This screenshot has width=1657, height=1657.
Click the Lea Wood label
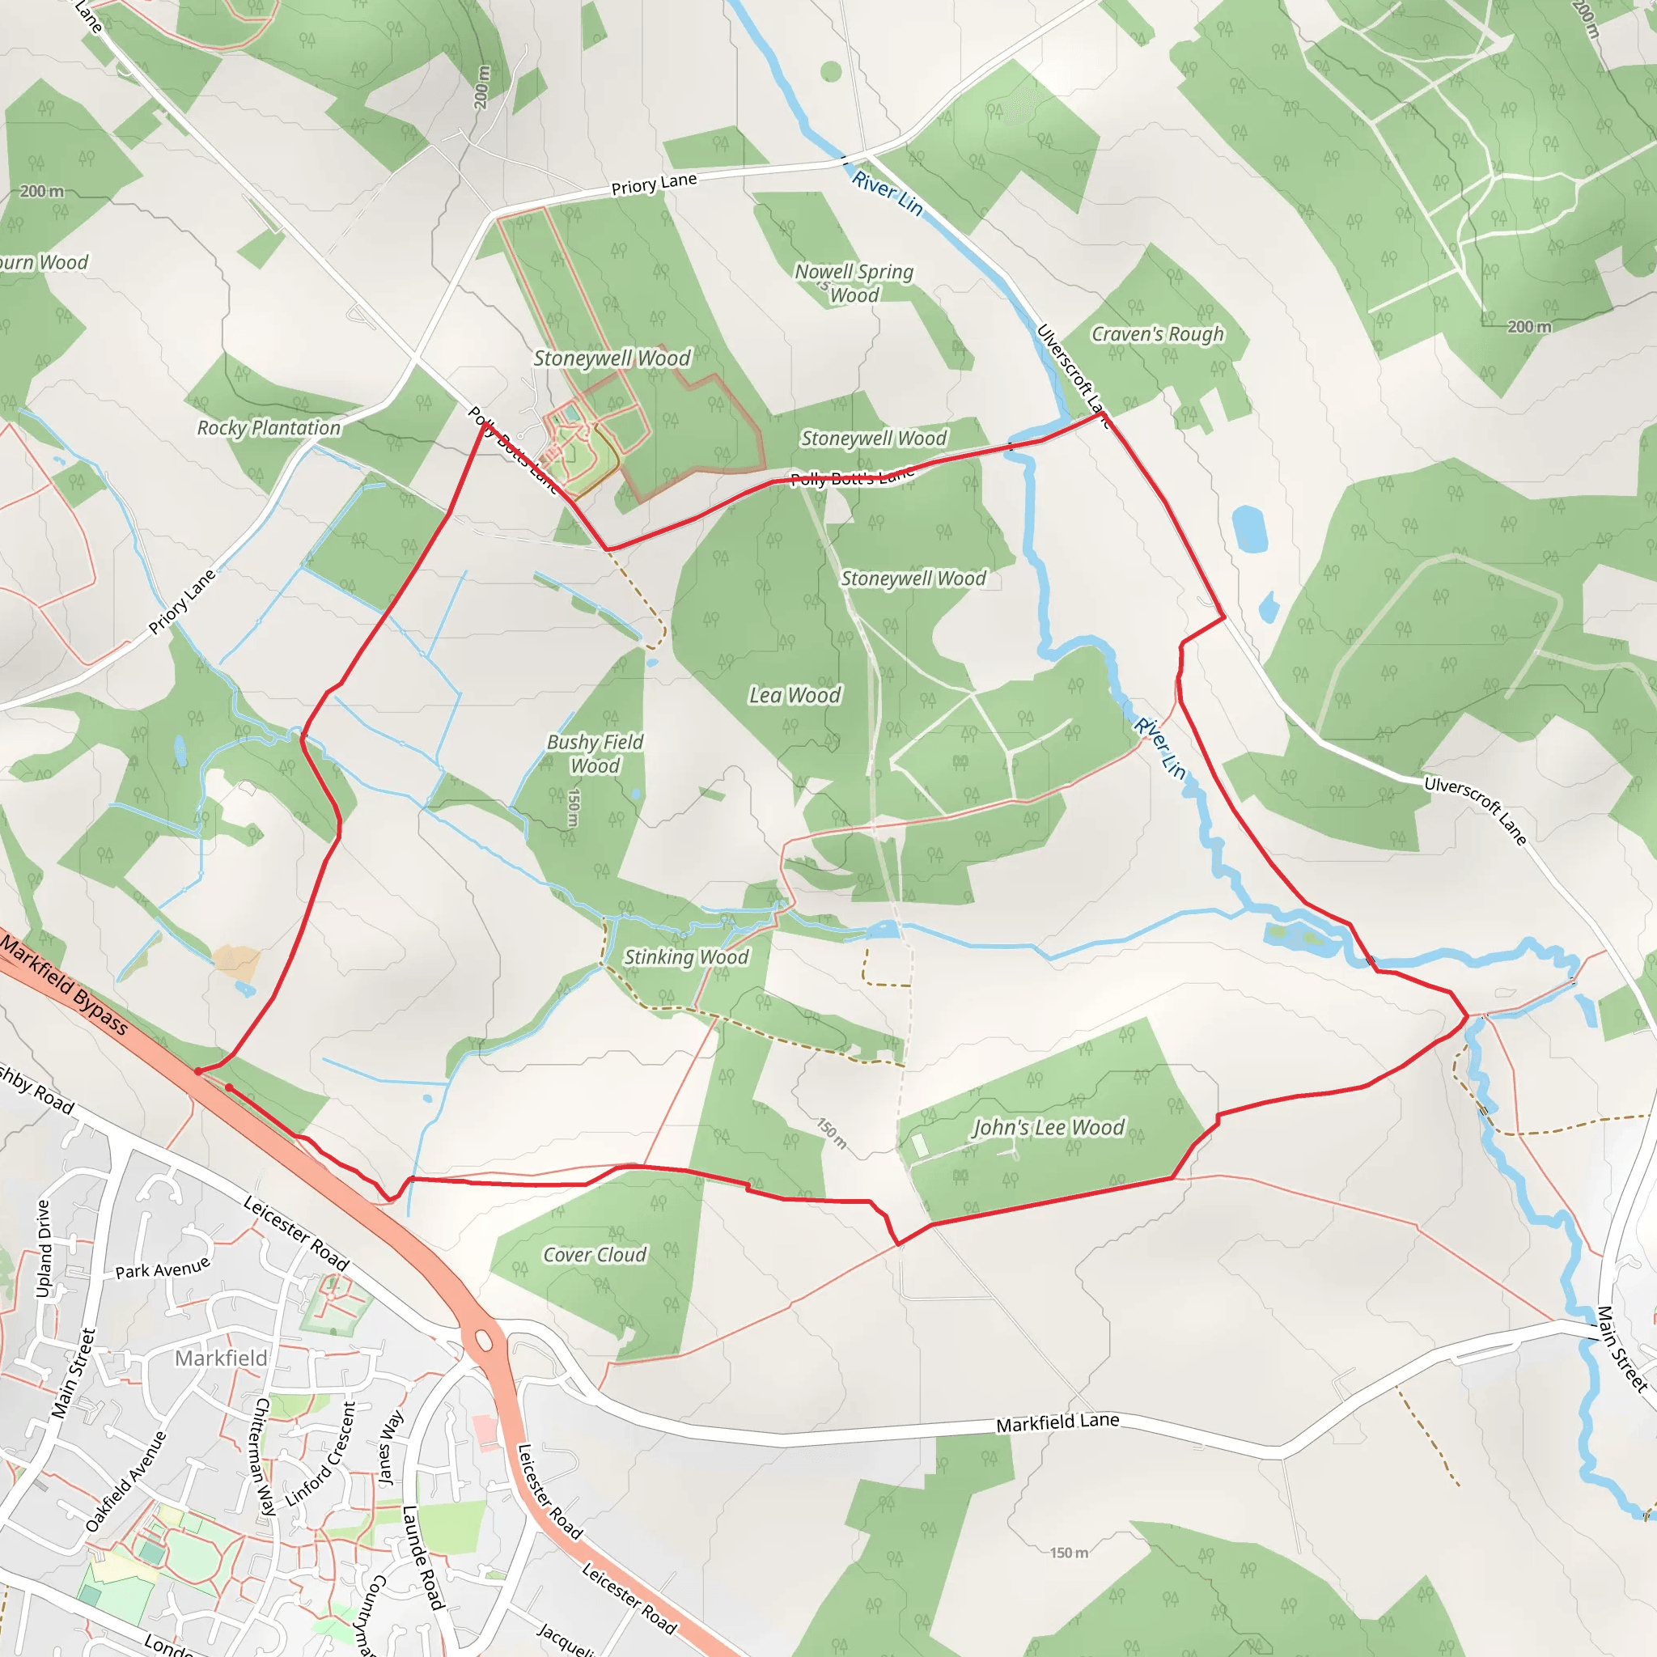coord(795,695)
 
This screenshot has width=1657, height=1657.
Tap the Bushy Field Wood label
coord(595,754)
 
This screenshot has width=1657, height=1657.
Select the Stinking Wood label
coord(685,957)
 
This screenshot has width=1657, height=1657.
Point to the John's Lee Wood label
coord(1047,1128)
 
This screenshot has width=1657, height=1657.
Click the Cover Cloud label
coord(595,1255)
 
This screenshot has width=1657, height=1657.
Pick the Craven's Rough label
coord(1157,333)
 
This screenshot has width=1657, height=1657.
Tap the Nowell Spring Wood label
coord(854,283)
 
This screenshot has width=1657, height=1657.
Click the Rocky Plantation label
coord(269,427)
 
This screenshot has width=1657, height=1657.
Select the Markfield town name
coord(221,1358)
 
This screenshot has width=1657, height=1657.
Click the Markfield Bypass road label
coord(66,985)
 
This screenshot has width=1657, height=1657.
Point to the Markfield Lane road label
coord(1057,1423)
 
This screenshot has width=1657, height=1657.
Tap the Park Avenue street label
coord(163,1269)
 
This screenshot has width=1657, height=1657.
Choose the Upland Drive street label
coord(44,1248)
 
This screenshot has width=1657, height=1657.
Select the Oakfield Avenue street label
coord(126,1481)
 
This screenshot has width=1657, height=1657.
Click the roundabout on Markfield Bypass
coord(483,1340)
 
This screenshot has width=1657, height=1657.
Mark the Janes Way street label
coord(390,1448)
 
